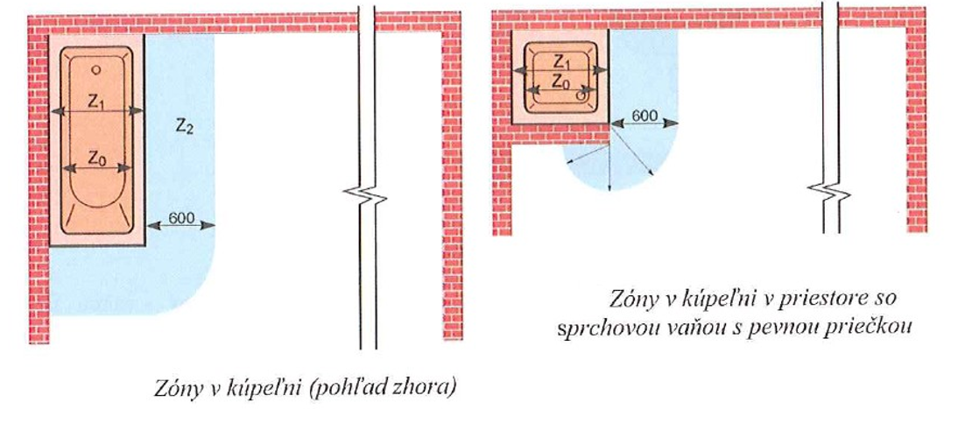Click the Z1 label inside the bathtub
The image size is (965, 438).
click(97, 102)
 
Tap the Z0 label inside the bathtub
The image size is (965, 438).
click(97, 159)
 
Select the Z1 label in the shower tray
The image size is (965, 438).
click(562, 62)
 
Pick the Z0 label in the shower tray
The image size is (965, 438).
click(562, 81)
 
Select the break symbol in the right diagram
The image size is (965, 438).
click(829, 188)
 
